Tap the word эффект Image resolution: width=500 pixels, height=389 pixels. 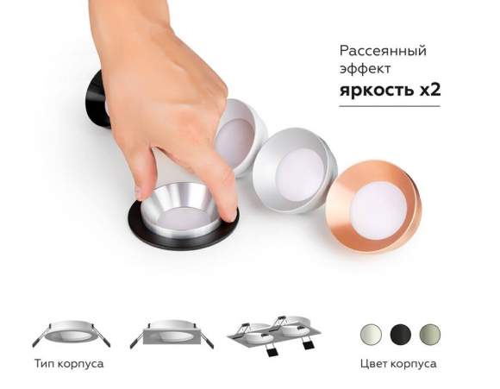coord(362,70)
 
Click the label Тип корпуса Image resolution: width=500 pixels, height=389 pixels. coord(69,364)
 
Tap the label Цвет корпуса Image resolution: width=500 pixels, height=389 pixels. coord(397,364)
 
